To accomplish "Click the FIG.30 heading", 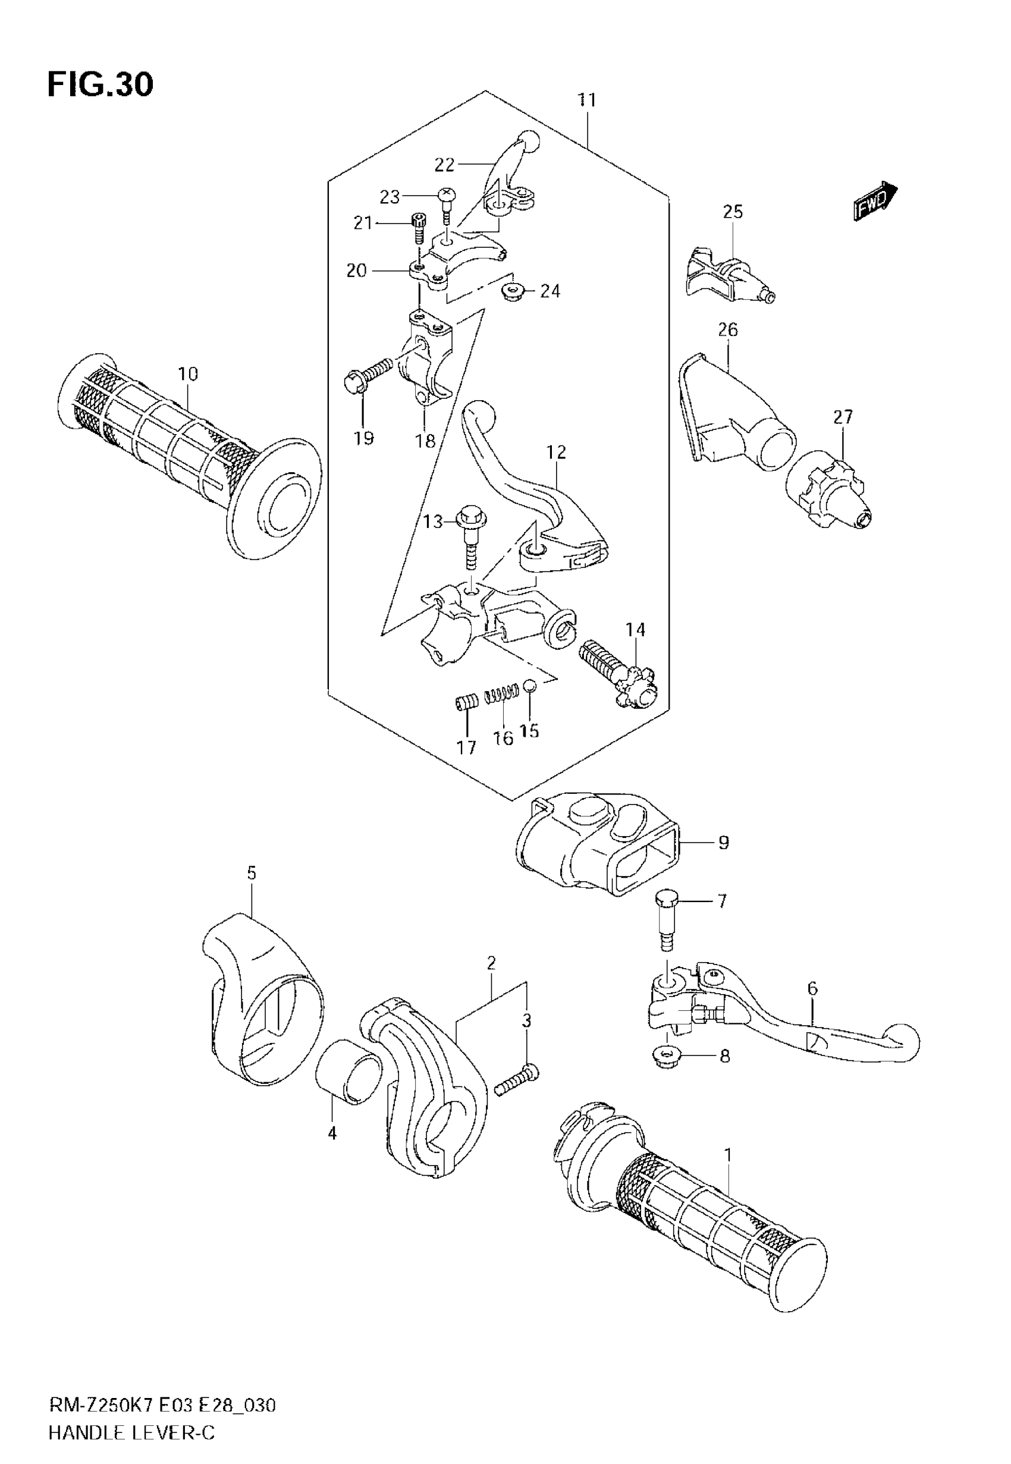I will click(x=100, y=85).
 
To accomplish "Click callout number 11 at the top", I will click(x=587, y=100).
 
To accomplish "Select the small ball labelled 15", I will click(x=530, y=685).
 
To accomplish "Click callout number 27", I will click(x=843, y=417).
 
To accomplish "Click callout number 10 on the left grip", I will click(x=188, y=374).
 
